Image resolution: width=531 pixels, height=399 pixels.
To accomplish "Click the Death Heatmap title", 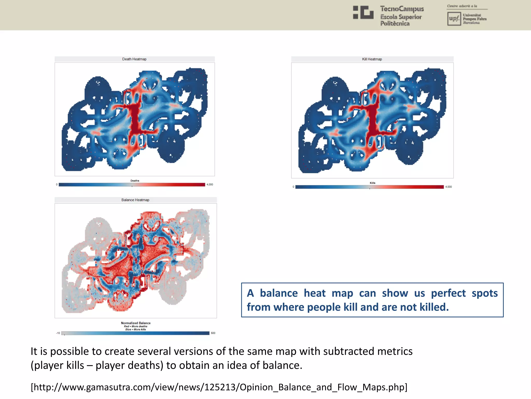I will [134, 59].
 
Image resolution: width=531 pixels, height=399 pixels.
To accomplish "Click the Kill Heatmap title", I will [372, 59].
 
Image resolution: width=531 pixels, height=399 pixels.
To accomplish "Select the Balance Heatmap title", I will [135, 200].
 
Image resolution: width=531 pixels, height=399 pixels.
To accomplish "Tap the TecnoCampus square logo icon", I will [363, 12].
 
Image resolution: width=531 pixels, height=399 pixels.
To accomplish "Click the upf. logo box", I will [454, 19].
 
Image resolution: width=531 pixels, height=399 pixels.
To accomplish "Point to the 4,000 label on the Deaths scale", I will [210, 185].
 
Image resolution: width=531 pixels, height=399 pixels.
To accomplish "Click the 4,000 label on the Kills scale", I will [449, 187].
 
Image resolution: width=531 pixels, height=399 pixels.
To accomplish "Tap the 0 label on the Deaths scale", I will [57, 185].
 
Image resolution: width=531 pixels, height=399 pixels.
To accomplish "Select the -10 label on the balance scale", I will [58, 333].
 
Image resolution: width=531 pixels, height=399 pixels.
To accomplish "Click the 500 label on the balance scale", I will [213, 333].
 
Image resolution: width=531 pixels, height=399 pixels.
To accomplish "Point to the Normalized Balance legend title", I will [136, 323].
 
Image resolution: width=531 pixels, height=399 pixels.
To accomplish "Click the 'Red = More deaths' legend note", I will [136, 327].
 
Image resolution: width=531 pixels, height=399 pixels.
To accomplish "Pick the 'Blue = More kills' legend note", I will [136, 330].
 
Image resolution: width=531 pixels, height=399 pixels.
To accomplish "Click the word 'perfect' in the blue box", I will [448, 293].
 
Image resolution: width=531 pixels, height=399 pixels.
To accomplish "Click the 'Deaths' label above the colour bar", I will [135, 181].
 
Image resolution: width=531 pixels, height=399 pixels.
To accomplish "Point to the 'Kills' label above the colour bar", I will [373, 183].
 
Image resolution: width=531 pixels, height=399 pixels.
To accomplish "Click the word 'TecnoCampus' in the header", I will [402, 9].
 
